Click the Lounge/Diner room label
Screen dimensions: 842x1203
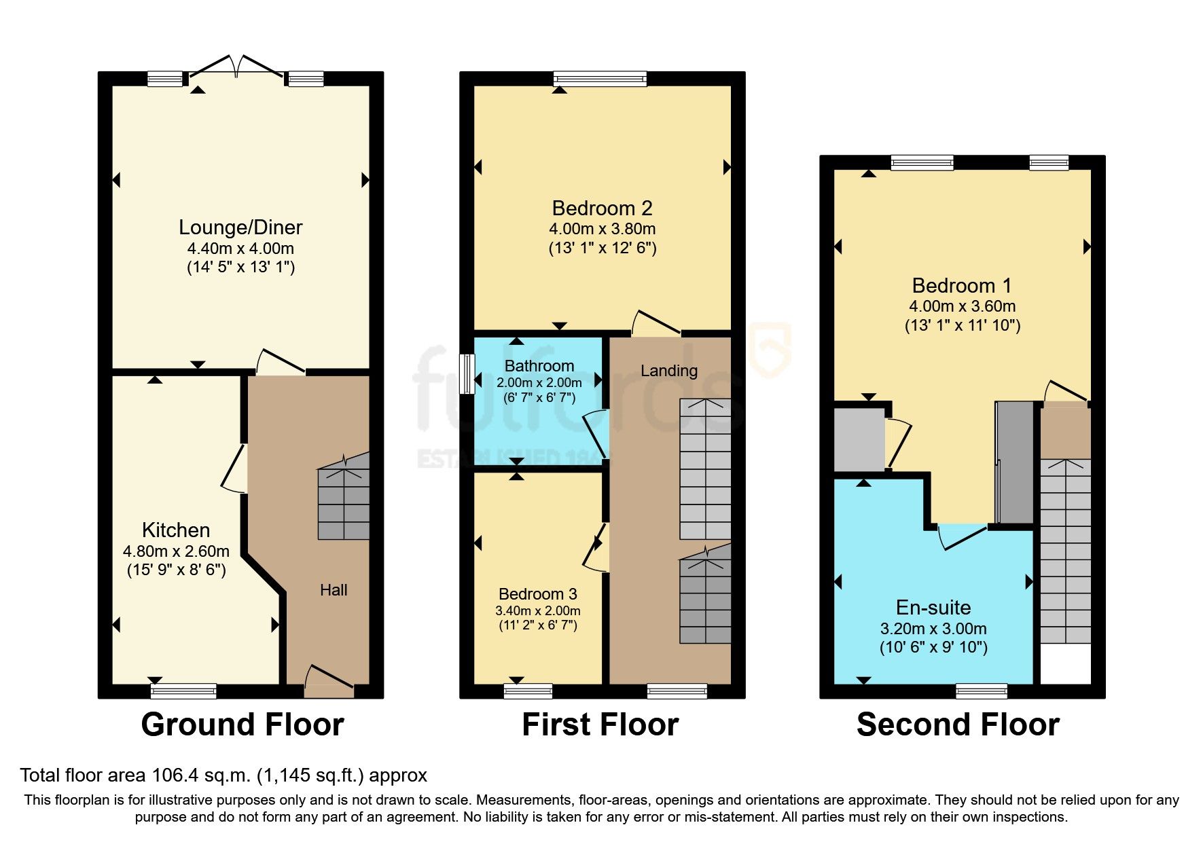point(240,227)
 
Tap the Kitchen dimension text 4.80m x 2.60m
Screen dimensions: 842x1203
point(176,551)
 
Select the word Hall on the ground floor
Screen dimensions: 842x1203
point(334,590)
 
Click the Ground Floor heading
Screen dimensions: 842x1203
point(242,725)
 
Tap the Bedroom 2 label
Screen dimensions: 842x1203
point(602,208)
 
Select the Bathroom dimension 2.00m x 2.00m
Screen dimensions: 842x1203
point(539,383)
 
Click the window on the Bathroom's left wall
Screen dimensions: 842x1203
point(467,373)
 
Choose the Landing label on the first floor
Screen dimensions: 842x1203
point(669,371)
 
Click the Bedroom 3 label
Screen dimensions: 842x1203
point(537,594)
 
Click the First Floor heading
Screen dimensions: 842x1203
point(600,725)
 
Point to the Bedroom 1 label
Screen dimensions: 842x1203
point(961,286)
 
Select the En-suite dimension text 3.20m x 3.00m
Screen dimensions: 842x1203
point(933,629)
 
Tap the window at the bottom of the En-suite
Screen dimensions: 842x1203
point(982,691)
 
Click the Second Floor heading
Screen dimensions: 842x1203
point(958,725)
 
